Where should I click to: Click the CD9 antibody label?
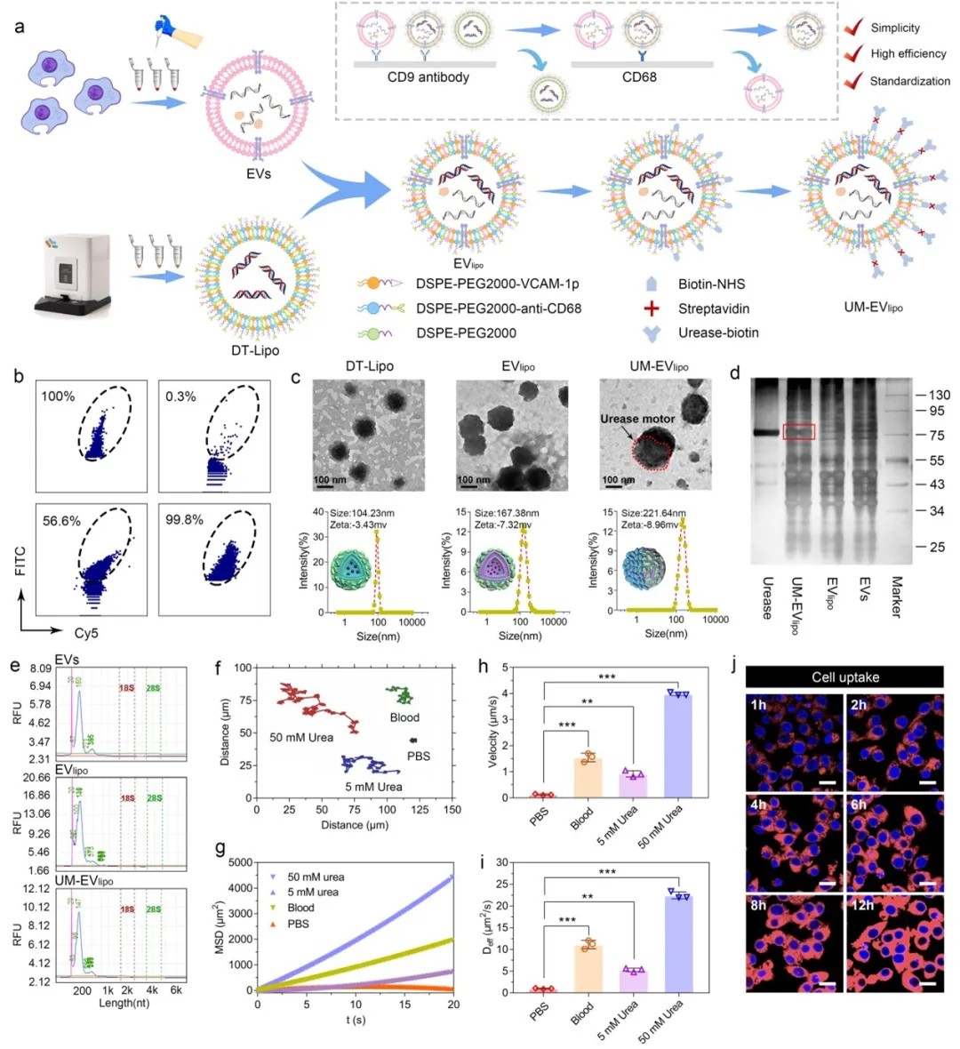click(428, 77)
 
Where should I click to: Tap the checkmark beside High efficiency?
click(854, 54)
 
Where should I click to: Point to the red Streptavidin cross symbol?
click(652, 308)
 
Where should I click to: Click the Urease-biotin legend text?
click(718, 332)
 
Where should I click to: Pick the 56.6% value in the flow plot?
click(61, 521)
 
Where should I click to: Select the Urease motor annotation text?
click(636, 419)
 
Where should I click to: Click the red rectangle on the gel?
click(798, 431)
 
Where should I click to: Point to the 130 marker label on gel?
click(939, 395)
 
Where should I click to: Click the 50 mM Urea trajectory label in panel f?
click(301, 738)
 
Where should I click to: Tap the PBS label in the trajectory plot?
click(418, 756)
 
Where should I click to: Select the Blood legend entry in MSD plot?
click(300, 908)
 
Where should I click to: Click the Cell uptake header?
click(844, 677)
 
